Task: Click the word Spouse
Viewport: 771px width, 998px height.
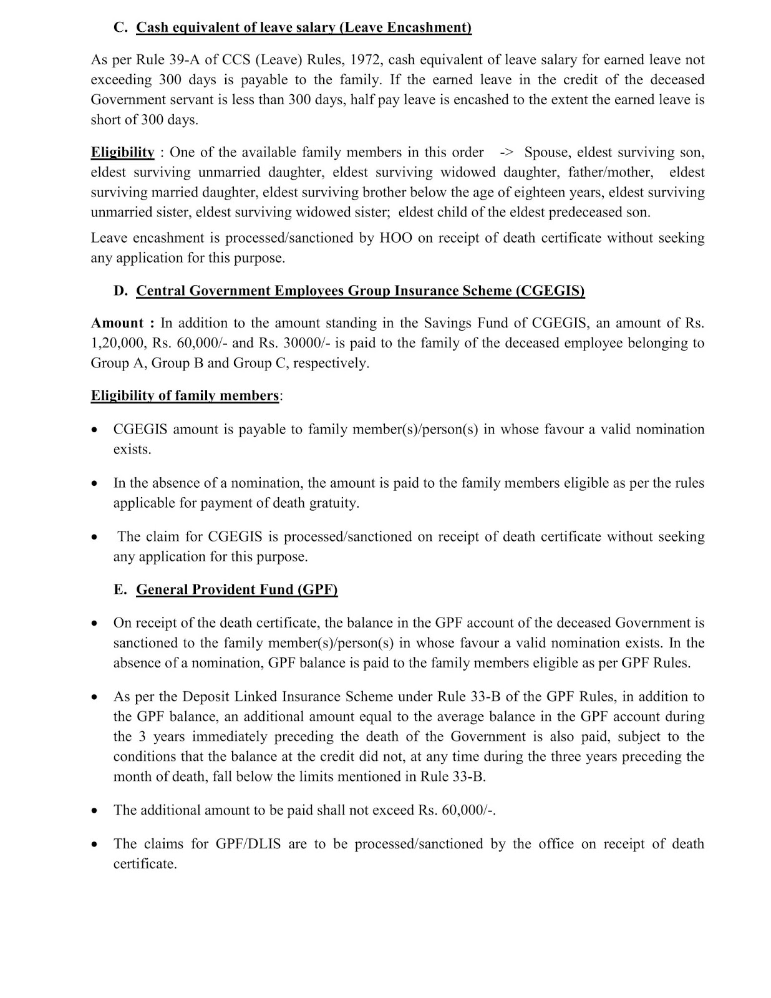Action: (x=546, y=153)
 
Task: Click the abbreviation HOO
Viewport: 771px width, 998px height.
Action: (x=395, y=238)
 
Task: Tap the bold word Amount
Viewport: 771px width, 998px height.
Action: (x=117, y=323)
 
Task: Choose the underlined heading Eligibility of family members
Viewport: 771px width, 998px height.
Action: (x=185, y=395)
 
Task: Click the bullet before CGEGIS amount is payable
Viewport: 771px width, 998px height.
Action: (x=94, y=430)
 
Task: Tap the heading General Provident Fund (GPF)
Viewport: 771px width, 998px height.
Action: (x=237, y=589)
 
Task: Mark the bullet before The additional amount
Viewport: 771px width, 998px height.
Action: (x=94, y=811)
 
